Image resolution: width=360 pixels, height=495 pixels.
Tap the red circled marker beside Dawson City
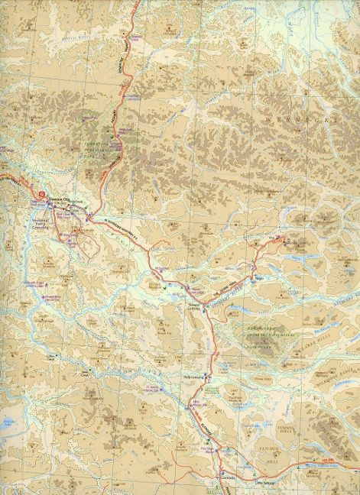(x=37, y=196)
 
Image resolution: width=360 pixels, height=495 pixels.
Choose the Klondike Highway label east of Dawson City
(x=113, y=227)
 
